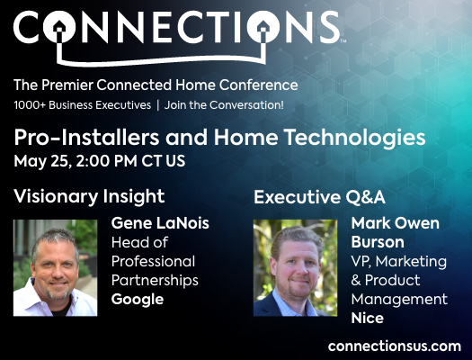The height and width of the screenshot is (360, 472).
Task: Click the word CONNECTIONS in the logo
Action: point(177,27)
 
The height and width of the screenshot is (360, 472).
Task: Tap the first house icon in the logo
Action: point(59,29)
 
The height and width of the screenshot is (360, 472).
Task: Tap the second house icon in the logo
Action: point(263,29)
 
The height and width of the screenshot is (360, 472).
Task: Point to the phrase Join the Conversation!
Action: point(224,105)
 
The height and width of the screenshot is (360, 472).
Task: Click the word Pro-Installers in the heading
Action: point(86,138)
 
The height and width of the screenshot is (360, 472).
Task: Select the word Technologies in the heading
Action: point(354,138)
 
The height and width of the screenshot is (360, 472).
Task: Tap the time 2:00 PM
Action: point(107,161)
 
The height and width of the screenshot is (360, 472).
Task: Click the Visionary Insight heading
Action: point(89,197)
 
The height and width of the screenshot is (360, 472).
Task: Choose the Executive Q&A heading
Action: point(319,197)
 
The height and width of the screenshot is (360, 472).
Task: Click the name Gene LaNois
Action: point(160,223)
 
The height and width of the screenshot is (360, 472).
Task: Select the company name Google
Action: point(138,300)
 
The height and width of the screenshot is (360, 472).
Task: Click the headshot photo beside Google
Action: point(55,268)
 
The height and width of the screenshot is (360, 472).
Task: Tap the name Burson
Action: point(378,242)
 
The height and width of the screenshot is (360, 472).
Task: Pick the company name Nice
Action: point(367,318)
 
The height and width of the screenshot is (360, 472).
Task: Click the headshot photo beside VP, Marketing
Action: point(295,268)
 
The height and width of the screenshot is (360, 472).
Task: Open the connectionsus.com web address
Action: point(395,346)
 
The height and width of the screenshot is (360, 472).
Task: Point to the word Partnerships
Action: point(155,281)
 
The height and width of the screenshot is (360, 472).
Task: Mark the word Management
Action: point(399,300)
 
